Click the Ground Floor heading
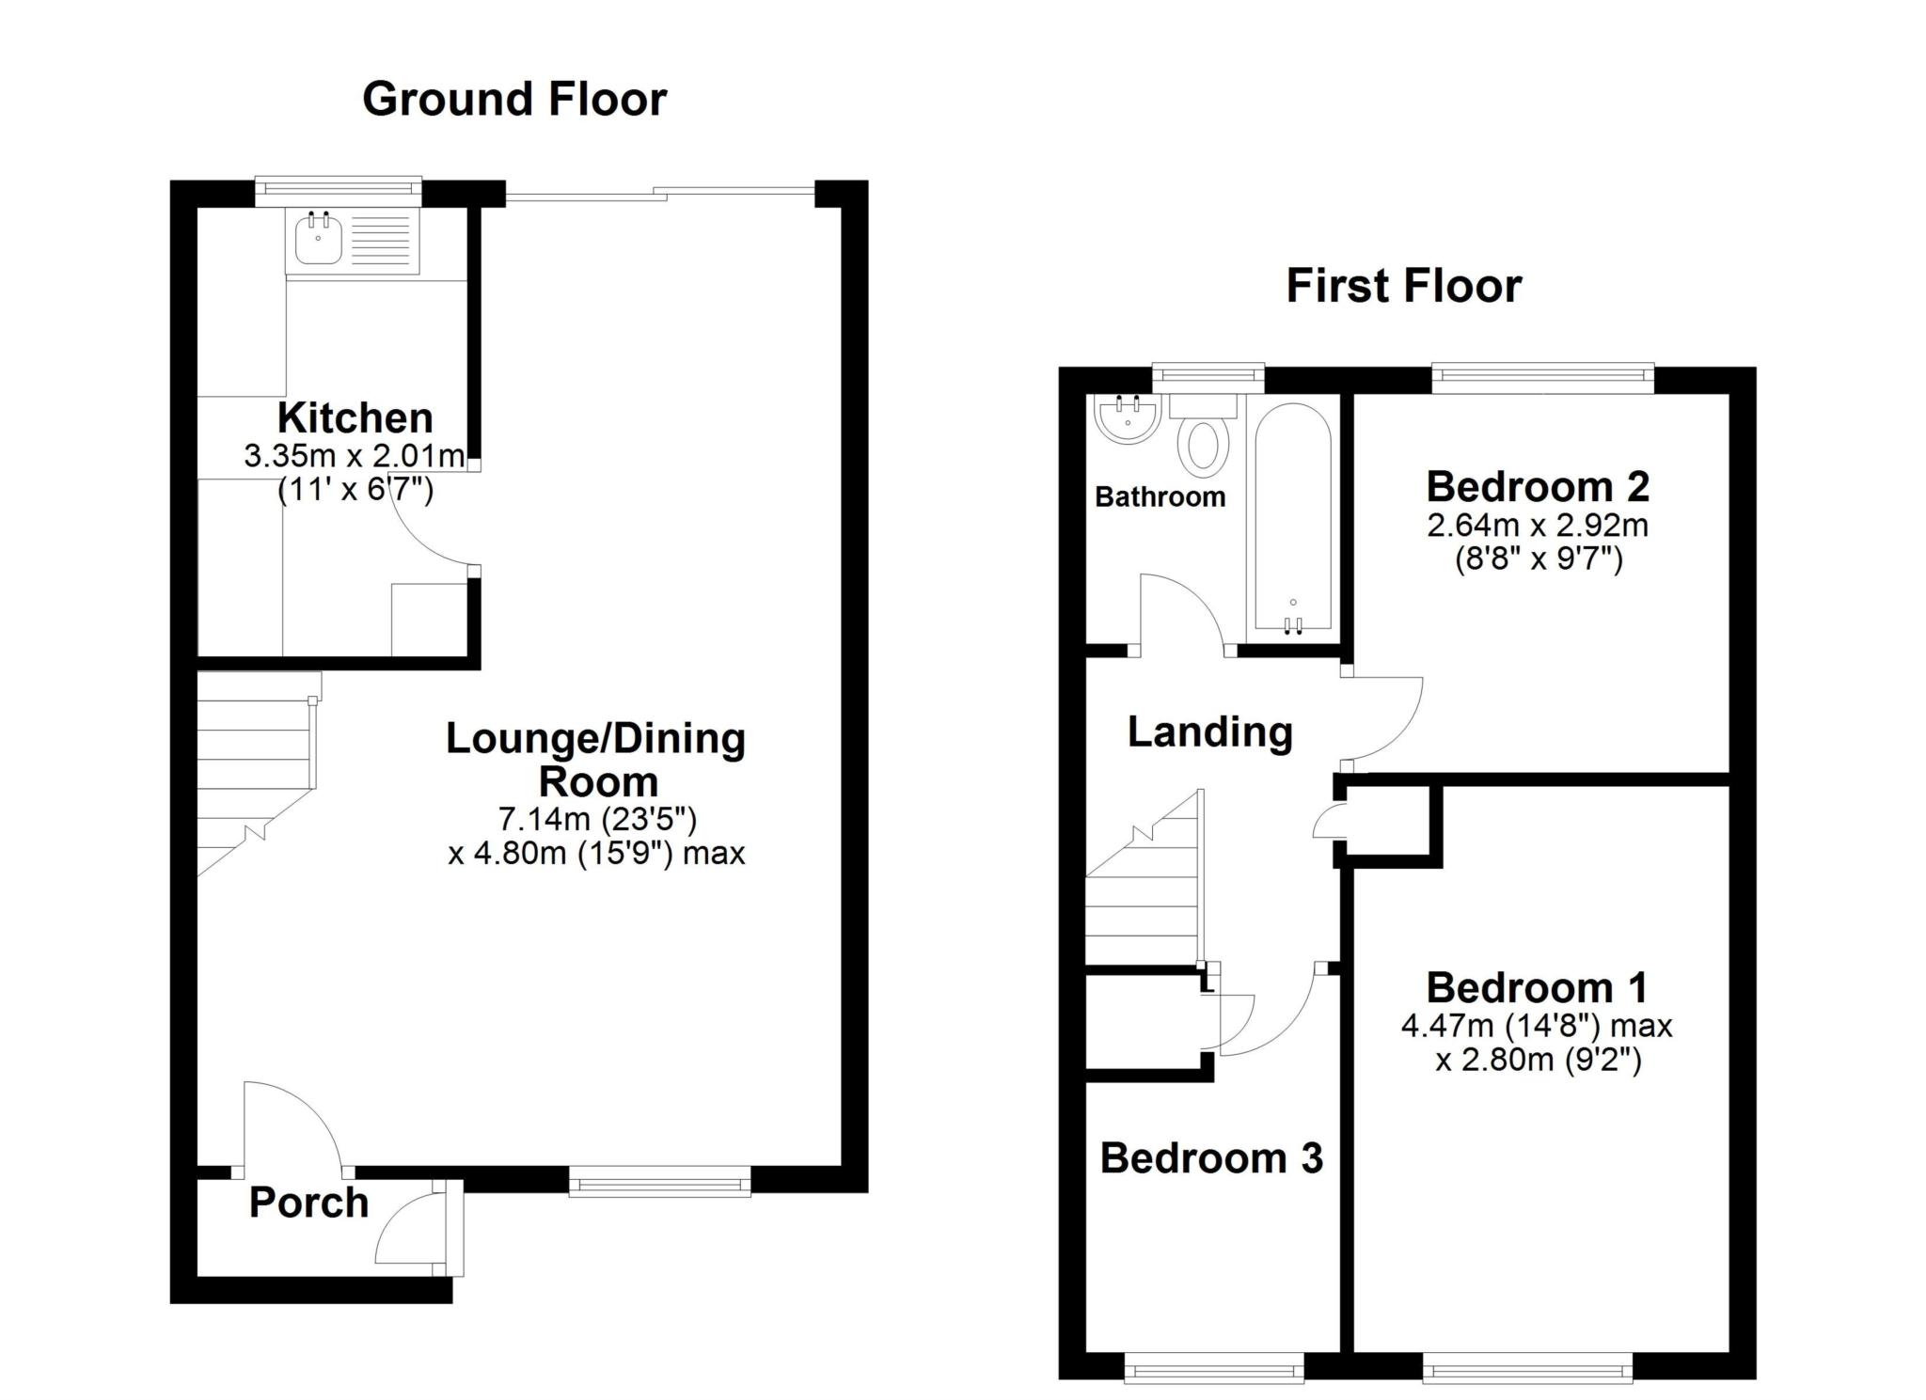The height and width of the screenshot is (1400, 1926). click(x=514, y=99)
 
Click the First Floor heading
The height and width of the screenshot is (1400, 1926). click(x=1403, y=286)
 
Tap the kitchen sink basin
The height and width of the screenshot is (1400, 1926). click(x=319, y=240)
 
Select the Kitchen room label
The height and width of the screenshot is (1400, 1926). click(x=355, y=417)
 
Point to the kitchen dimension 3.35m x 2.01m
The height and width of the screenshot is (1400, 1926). click(x=355, y=457)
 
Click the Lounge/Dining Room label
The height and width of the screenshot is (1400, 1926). click(x=595, y=760)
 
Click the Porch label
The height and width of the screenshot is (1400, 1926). click(x=308, y=1203)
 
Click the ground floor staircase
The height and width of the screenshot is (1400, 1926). click(x=254, y=771)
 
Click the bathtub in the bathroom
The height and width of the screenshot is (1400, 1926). click(x=1293, y=517)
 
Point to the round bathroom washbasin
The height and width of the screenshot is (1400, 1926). click(x=1127, y=419)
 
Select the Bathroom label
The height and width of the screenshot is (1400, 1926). click(x=1160, y=496)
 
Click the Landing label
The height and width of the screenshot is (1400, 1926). click(x=1209, y=731)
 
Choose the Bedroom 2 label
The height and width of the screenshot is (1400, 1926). click(x=1537, y=486)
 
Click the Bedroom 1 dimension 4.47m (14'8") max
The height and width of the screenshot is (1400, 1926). click(x=1537, y=1025)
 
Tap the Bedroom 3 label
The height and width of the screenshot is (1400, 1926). click(x=1211, y=1157)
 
